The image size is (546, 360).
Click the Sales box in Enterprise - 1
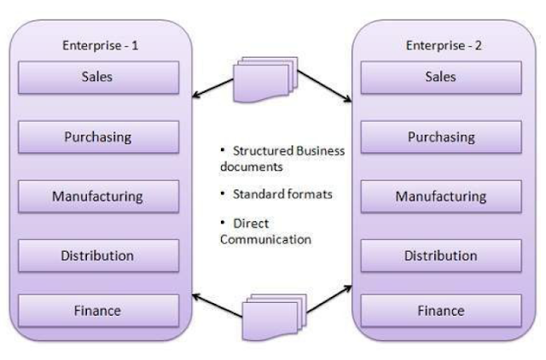99,78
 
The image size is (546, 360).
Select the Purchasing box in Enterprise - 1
99,136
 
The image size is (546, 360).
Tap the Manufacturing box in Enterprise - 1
99,196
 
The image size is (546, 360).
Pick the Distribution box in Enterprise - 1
99,256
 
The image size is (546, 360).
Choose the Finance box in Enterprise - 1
99,311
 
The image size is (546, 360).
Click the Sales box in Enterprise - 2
441,78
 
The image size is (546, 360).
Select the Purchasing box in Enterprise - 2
441,136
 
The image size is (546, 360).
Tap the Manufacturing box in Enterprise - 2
441,196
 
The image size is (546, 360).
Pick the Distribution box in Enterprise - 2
441,256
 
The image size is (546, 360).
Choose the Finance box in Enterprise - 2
441,311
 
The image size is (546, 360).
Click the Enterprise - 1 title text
101,45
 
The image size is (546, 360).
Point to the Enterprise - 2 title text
444,45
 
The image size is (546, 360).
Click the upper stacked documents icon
265,79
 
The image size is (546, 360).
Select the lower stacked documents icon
275,316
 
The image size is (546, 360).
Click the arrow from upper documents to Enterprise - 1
212,88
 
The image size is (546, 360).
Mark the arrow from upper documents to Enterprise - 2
324,86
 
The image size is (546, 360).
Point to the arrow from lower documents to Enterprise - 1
217,305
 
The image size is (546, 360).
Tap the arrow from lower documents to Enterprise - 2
329,299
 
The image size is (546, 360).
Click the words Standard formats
282,194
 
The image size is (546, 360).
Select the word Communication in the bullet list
265,240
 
